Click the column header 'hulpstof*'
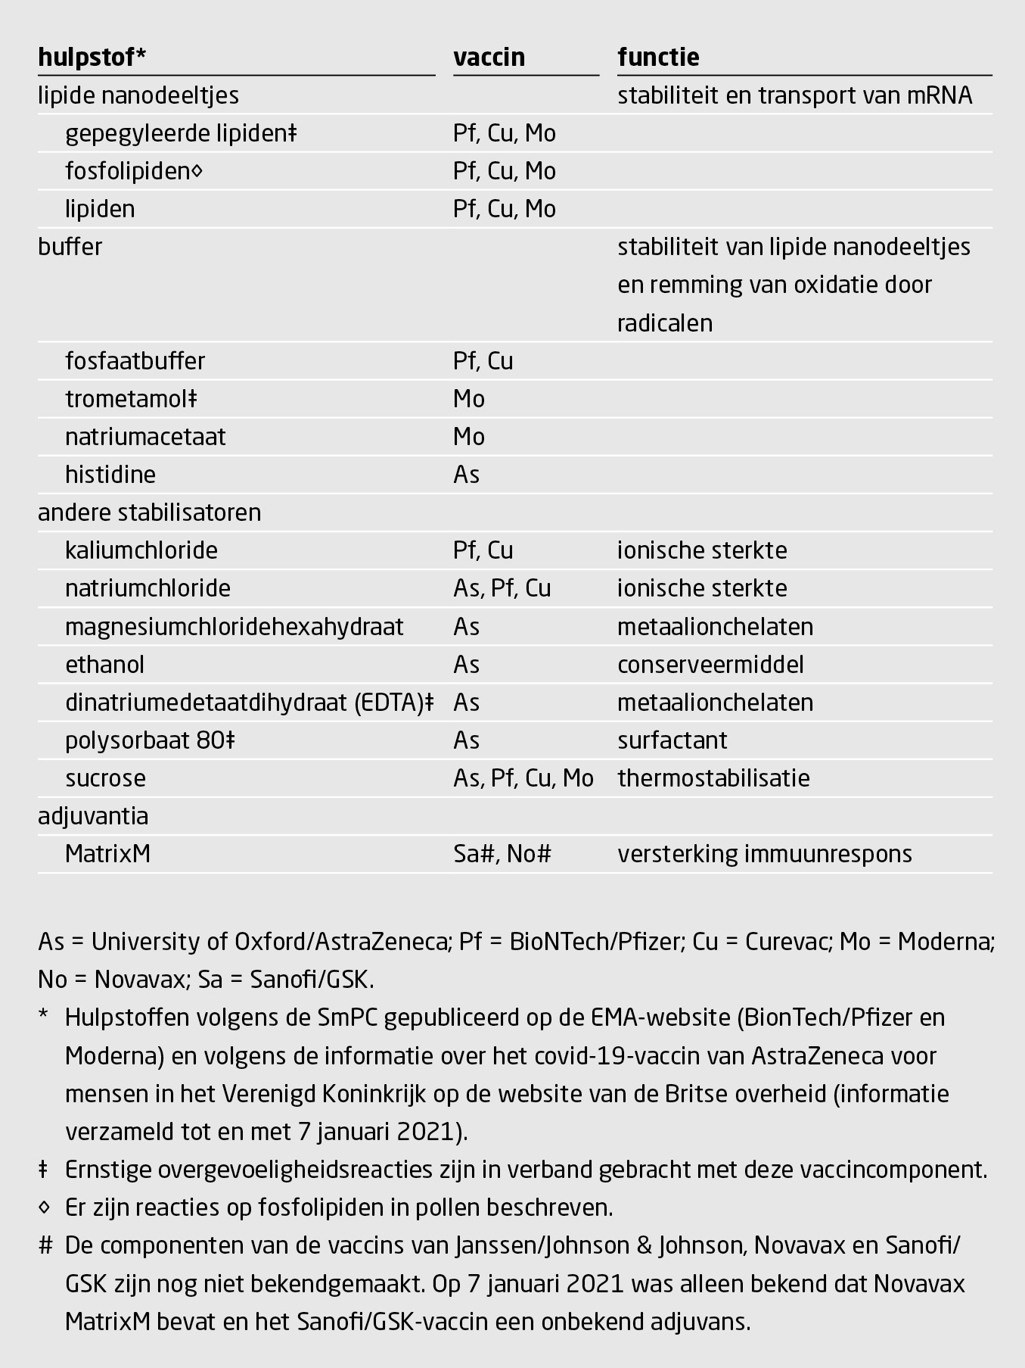point(92,58)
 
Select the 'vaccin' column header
point(489,58)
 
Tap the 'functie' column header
point(658,58)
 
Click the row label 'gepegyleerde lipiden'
point(180,133)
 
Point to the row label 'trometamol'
point(130,399)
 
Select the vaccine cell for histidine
point(466,475)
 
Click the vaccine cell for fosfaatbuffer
point(483,361)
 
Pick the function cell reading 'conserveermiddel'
point(710,665)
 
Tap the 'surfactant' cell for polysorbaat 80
point(672,740)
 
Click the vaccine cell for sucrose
point(523,778)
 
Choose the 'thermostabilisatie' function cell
point(713,778)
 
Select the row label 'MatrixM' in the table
point(107,854)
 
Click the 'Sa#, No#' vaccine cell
point(502,854)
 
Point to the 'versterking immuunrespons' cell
point(765,854)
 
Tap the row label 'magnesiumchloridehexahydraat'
point(234,627)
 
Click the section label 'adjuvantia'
point(93,816)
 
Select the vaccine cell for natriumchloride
point(502,588)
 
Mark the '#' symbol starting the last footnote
point(45,1245)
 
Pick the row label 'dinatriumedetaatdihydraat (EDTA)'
point(249,703)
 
